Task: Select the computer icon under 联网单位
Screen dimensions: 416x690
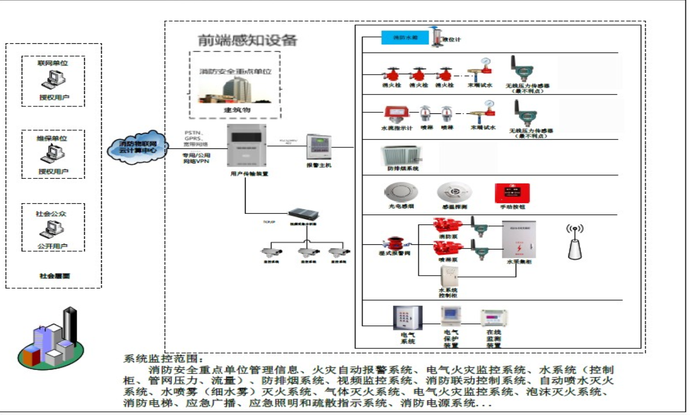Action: click(x=53, y=78)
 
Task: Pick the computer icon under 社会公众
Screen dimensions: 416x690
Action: click(x=53, y=230)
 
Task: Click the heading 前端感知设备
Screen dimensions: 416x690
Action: click(x=247, y=40)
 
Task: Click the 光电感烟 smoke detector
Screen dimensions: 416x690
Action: click(x=396, y=193)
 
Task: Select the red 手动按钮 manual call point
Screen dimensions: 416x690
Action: click(x=512, y=193)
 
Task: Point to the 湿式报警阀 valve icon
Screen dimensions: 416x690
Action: click(x=392, y=244)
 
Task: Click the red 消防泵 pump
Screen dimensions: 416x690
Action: click(x=448, y=225)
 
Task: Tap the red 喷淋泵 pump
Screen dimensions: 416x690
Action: click(x=448, y=248)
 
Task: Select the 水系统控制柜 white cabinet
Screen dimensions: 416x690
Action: click(x=448, y=276)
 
